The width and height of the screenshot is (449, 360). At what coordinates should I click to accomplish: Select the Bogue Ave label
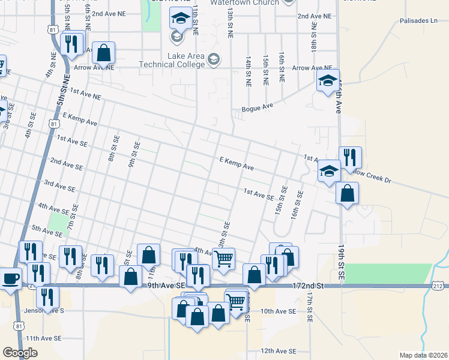(x=257, y=109)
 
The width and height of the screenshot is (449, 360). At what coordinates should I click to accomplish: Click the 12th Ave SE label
(x=279, y=351)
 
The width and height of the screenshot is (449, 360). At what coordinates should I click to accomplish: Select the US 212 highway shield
(x=439, y=287)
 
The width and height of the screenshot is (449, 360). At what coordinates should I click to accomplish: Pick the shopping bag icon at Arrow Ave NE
(x=104, y=52)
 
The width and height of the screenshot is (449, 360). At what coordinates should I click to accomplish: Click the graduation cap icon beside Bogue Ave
(x=328, y=81)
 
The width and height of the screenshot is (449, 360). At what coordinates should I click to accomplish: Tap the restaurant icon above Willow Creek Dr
(x=350, y=158)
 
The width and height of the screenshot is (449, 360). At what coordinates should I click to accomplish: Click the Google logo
(x=20, y=353)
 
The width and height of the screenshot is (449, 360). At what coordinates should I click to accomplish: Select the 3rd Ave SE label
(x=59, y=185)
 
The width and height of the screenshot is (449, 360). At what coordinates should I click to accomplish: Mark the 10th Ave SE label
(x=279, y=311)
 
